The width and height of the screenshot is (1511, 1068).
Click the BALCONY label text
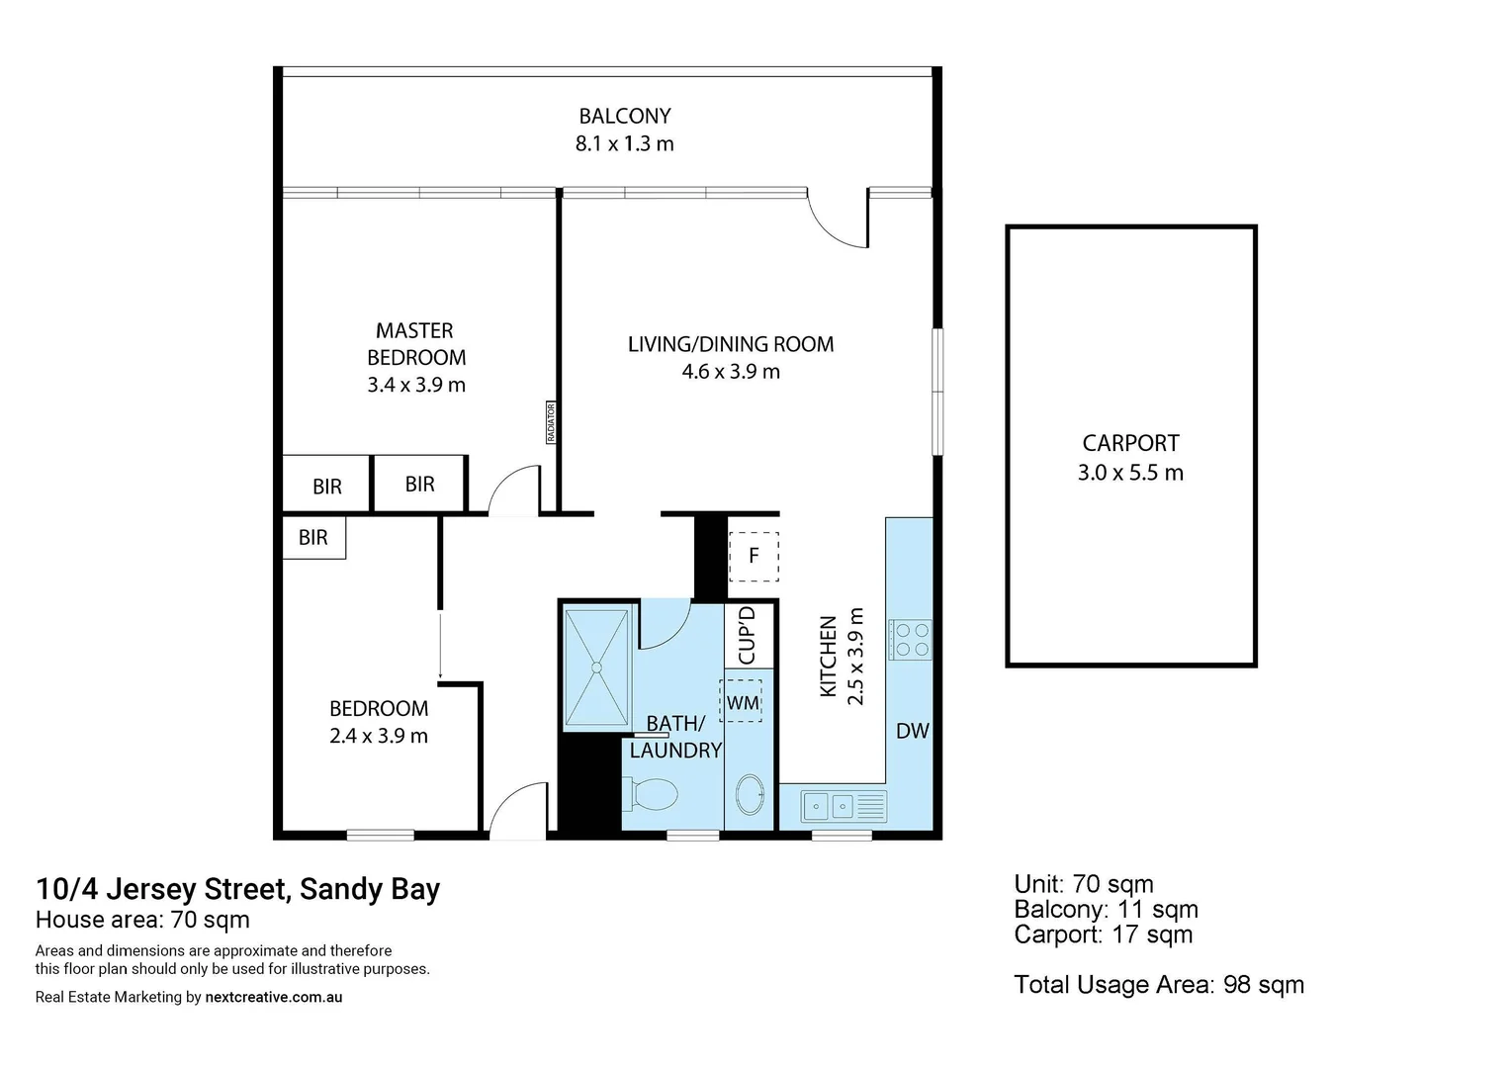coord(624,116)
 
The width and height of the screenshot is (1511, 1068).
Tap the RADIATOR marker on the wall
coord(551,422)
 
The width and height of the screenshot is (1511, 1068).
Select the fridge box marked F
coord(754,556)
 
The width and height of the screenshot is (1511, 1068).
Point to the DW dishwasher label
coord(912,731)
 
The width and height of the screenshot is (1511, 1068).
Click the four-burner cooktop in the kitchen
coord(910,639)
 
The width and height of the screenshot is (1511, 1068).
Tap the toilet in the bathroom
coord(652,793)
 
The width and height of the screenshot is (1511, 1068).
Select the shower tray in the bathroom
coord(596,668)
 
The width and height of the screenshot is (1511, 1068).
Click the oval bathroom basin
coord(751,795)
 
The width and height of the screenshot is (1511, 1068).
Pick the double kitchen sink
coord(831,807)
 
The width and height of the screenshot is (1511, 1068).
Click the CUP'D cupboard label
coord(747,635)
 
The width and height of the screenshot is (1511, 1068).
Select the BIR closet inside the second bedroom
coord(313,537)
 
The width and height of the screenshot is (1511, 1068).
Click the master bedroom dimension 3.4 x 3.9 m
coord(416,385)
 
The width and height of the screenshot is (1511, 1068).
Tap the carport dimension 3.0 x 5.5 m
coord(1130,473)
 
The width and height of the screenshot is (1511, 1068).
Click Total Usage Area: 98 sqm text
coord(1158,984)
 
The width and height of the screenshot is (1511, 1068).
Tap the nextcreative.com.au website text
coord(273,997)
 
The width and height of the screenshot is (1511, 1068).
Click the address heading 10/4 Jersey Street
coord(237,888)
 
